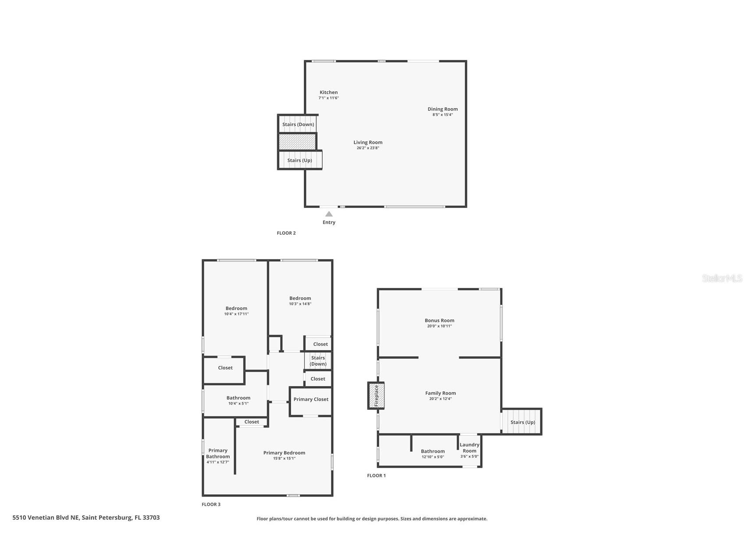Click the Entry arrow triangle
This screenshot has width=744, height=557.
[x=329, y=214]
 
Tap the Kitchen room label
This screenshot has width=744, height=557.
[x=328, y=92]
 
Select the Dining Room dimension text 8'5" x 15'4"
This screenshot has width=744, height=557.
[x=442, y=115]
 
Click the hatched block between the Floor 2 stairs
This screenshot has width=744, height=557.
[x=297, y=142]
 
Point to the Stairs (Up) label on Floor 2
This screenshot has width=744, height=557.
[x=299, y=160]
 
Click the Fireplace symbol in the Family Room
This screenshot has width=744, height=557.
[x=376, y=395]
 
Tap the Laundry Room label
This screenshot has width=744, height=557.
[x=469, y=448]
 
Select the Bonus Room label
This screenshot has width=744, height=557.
[x=439, y=321]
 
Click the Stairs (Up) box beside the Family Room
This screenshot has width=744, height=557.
[x=522, y=422]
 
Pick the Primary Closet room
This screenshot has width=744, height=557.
[x=311, y=399]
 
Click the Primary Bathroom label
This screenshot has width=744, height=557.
[x=218, y=453]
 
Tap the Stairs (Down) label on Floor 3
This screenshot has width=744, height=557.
[x=318, y=361]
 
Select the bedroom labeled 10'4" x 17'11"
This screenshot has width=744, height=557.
[x=236, y=311]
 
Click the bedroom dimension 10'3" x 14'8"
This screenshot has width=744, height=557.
[x=300, y=304]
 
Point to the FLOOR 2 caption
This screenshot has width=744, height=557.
[x=286, y=233]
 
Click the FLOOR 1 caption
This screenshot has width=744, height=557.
[x=376, y=476]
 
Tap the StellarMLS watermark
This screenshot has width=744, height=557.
[x=722, y=278]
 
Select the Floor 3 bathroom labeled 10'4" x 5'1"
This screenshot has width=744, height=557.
[x=238, y=401]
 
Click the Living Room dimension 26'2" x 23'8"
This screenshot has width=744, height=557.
[x=367, y=148]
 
